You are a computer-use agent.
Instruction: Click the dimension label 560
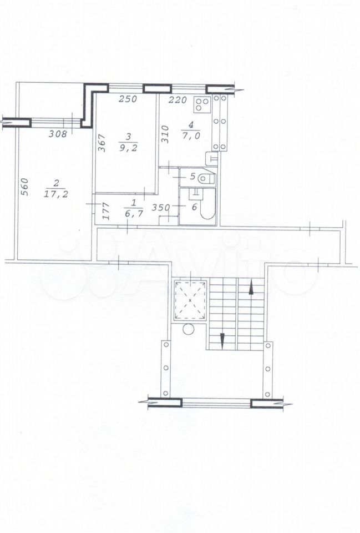tap(24, 187)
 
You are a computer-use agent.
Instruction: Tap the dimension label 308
tap(57, 134)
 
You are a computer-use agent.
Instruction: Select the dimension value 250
tap(128, 99)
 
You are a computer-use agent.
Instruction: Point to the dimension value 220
tap(178, 99)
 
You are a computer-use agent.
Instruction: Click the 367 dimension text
tap(103, 143)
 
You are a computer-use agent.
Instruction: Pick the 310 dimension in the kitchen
tap(165, 134)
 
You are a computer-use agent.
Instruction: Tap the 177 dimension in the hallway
tap(105, 212)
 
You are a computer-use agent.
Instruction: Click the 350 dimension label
tap(161, 207)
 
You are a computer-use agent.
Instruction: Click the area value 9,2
tap(128, 148)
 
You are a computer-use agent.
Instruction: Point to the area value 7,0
tap(191, 135)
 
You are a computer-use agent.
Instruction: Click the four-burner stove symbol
tap(202, 105)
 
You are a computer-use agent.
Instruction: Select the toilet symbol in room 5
tap(206, 178)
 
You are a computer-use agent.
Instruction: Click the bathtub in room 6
tap(207, 206)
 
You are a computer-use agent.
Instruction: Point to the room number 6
tap(194, 207)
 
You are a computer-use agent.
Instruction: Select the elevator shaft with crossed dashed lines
tap(190, 300)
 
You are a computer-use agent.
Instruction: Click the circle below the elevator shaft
tap(188, 329)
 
